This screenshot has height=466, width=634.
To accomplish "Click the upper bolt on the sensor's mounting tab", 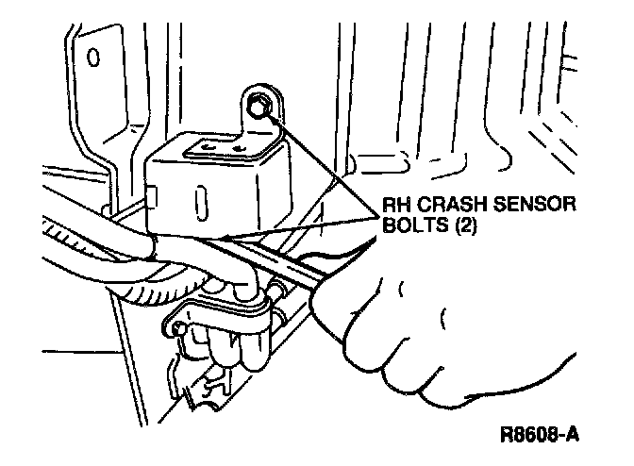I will click(x=258, y=110).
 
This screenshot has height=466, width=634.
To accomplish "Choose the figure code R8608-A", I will click(x=539, y=436).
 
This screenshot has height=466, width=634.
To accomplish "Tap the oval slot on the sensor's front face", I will click(x=201, y=204).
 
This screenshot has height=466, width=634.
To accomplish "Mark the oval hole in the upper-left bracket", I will click(x=92, y=58).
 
